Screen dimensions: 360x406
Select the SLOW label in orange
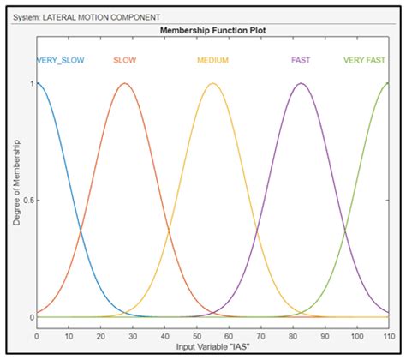125,61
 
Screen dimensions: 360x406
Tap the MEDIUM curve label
212,61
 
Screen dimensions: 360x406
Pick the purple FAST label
301,61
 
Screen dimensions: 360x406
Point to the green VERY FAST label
365,61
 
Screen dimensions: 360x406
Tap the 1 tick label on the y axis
31,84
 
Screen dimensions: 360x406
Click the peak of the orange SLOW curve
125,83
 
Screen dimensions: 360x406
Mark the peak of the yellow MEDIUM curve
212,83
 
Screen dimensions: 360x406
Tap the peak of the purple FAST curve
300,83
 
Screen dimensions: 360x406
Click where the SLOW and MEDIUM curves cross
169,230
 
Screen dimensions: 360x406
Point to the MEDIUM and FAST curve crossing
256,230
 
